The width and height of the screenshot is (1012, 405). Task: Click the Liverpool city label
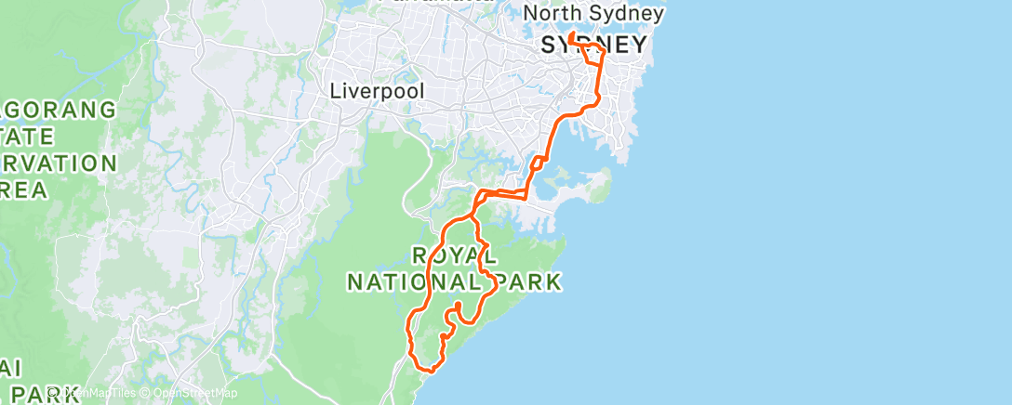coord(377,92)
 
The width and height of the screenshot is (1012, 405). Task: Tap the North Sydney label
coord(593,13)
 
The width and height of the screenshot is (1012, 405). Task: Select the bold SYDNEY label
coord(593,45)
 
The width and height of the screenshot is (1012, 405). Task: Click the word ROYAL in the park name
coord(454,255)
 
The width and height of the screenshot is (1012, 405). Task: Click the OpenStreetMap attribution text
coord(195,394)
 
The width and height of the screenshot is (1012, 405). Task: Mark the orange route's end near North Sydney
coord(570,34)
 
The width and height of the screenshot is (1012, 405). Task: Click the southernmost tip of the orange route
coord(430,371)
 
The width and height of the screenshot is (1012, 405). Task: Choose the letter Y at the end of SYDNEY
coord(638,45)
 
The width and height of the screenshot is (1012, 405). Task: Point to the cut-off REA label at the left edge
coord(23,191)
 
